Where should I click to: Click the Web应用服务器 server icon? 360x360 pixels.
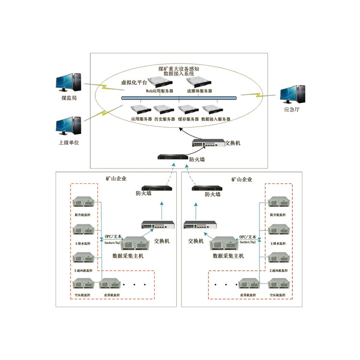pyautogui.click(x=159, y=81)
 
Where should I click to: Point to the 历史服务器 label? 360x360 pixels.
pyautogui.click(x=165, y=119)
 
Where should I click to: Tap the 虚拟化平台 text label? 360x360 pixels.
pyautogui.click(x=132, y=82)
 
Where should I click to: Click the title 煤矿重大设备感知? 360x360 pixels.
pyautogui.click(x=176, y=69)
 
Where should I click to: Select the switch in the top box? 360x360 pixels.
pyautogui.click(x=207, y=143)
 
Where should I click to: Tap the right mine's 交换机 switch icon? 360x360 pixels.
pyautogui.click(x=196, y=224)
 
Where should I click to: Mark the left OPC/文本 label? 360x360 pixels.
pyautogui.click(x=113, y=237)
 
